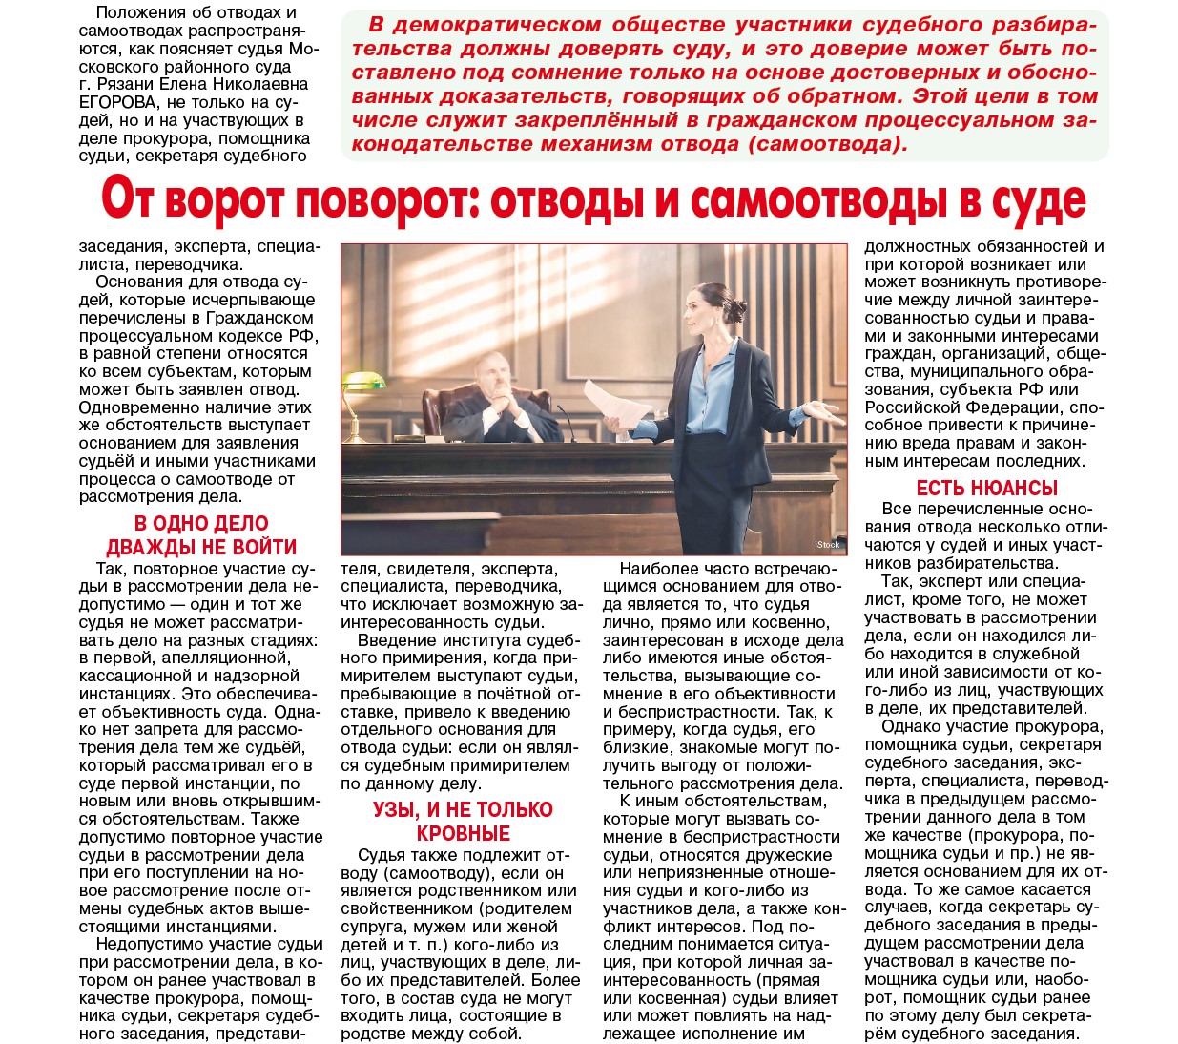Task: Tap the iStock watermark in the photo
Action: (x=827, y=544)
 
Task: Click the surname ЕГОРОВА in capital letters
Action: (x=118, y=102)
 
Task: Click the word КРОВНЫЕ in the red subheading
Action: (x=463, y=833)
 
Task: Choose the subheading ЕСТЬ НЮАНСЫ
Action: (x=986, y=488)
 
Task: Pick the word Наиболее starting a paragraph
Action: (x=651, y=569)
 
